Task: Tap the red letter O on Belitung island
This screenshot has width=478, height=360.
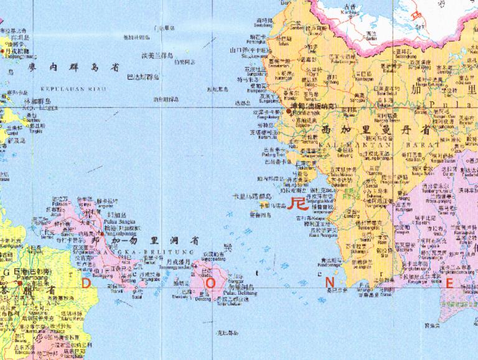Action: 211,284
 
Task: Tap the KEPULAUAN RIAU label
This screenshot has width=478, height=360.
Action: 73,89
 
